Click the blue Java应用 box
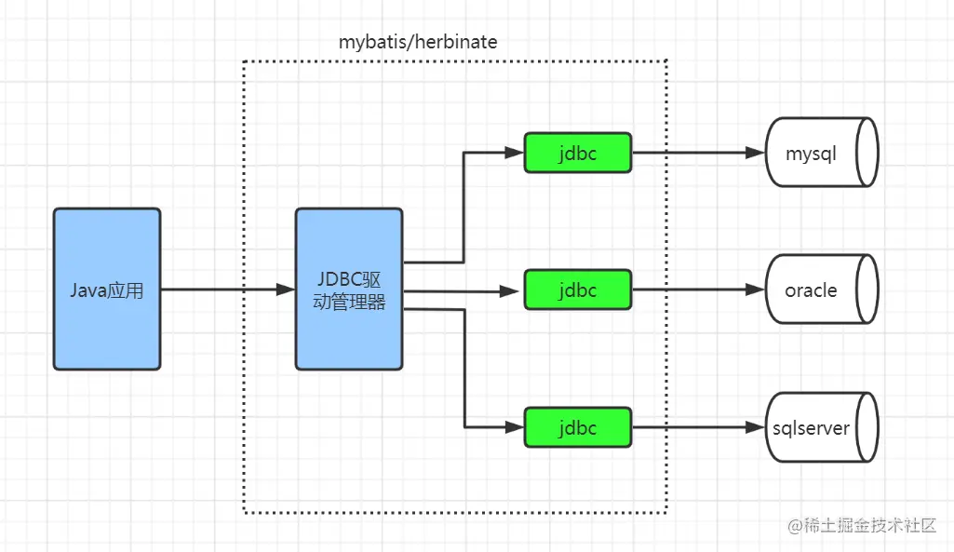coord(107,289)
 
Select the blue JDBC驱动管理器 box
coord(349,289)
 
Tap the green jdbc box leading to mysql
coord(577,153)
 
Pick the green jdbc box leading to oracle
coord(577,289)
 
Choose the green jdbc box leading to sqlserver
coord(577,427)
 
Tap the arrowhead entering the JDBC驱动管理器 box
coord(287,289)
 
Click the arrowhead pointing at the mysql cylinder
coord(756,153)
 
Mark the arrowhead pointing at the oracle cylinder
coord(756,289)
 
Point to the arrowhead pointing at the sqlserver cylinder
coord(756,427)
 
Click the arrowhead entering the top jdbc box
coord(515,153)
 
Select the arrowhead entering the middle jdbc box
coord(515,290)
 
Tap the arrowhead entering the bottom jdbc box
coord(515,427)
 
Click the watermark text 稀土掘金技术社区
coord(870,526)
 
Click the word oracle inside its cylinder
coord(811,289)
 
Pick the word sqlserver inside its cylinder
coord(811,428)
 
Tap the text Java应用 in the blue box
coord(107,290)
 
